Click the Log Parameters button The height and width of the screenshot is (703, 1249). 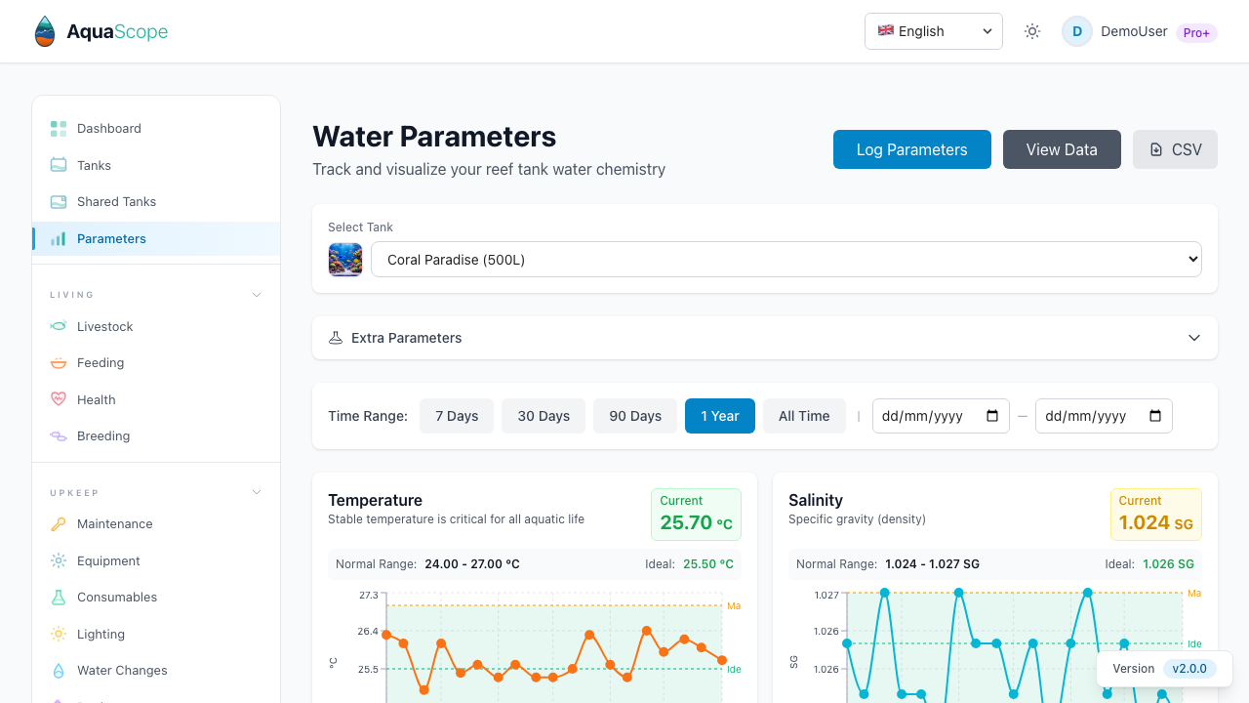click(x=911, y=149)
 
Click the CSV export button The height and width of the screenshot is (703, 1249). click(x=1175, y=149)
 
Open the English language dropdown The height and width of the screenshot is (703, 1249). click(x=933, y=31)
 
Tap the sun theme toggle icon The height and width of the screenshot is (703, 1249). click(x=1032, y=31)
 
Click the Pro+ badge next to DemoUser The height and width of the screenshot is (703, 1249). click(x=1196, y=32)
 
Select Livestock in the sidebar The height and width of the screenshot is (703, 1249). click(x=104, y=326)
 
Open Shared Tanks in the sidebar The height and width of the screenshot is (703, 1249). click(x=116, y=201)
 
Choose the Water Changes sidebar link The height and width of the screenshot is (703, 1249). click(x=122, y=670)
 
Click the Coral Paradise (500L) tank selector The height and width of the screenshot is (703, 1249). click(x=786, y=260)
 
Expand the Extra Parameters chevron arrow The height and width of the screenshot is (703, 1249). click(x=1194, y=338)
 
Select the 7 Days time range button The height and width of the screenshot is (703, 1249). click(x=457, y=416)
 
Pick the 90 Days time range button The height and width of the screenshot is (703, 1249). click(x=635, y=416)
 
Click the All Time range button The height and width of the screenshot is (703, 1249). click(x=804, y=416)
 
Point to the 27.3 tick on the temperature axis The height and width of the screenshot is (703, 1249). click(x=368, y=595)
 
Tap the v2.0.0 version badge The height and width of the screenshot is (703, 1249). click(x=1189, y=669)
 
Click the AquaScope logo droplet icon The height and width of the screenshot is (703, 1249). click(x=45, y=31)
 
